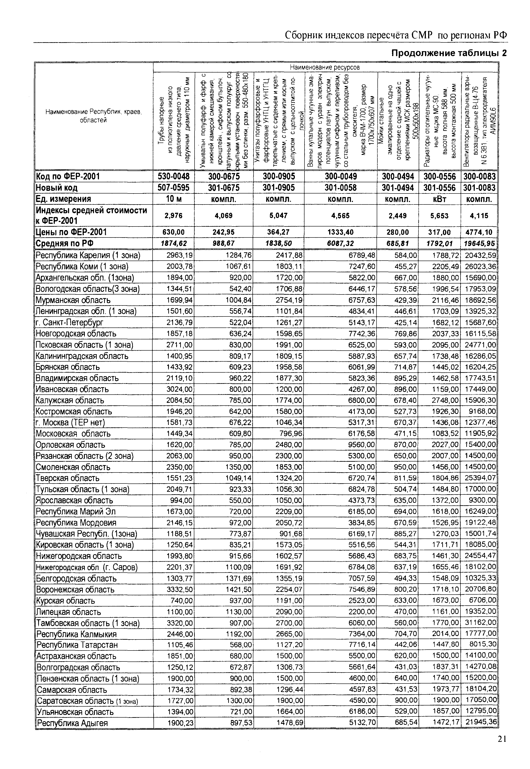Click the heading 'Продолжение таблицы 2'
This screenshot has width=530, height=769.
pos(449,53)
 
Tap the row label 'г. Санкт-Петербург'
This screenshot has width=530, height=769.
pos(70,323)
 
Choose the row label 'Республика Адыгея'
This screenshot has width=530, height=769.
pos(72,723)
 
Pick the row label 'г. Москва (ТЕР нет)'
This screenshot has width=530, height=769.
pos(70,422)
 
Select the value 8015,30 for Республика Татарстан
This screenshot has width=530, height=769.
pos(483,645)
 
